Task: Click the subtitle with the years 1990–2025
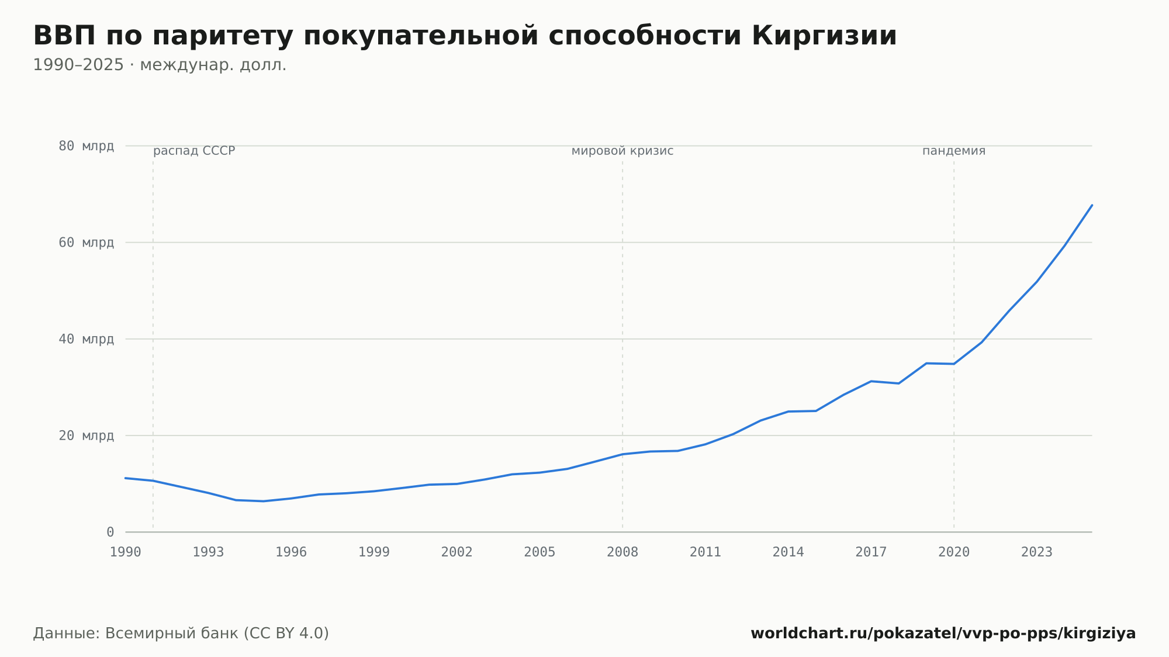[160, 65]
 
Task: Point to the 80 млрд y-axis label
[86, 146]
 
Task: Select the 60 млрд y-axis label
[86, 243]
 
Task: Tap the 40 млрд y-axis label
[86, 339]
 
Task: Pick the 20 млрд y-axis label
[86, 435]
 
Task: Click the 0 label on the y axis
[110, 532]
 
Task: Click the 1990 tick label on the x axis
[126, 552]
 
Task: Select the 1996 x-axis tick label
[291, 552]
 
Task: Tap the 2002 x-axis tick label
[457, 552]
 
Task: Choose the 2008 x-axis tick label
[622, 552]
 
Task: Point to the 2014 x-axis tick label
[788, 552]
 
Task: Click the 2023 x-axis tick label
[1037, 552]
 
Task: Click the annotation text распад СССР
[194, 151]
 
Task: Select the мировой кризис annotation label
[622, 151]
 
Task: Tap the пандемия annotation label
[954, 151]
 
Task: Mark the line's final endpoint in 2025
[1092, 205]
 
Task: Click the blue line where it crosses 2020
[954, 364]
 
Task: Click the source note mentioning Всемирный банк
[181, 634]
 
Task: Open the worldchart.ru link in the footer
[943, 634]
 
